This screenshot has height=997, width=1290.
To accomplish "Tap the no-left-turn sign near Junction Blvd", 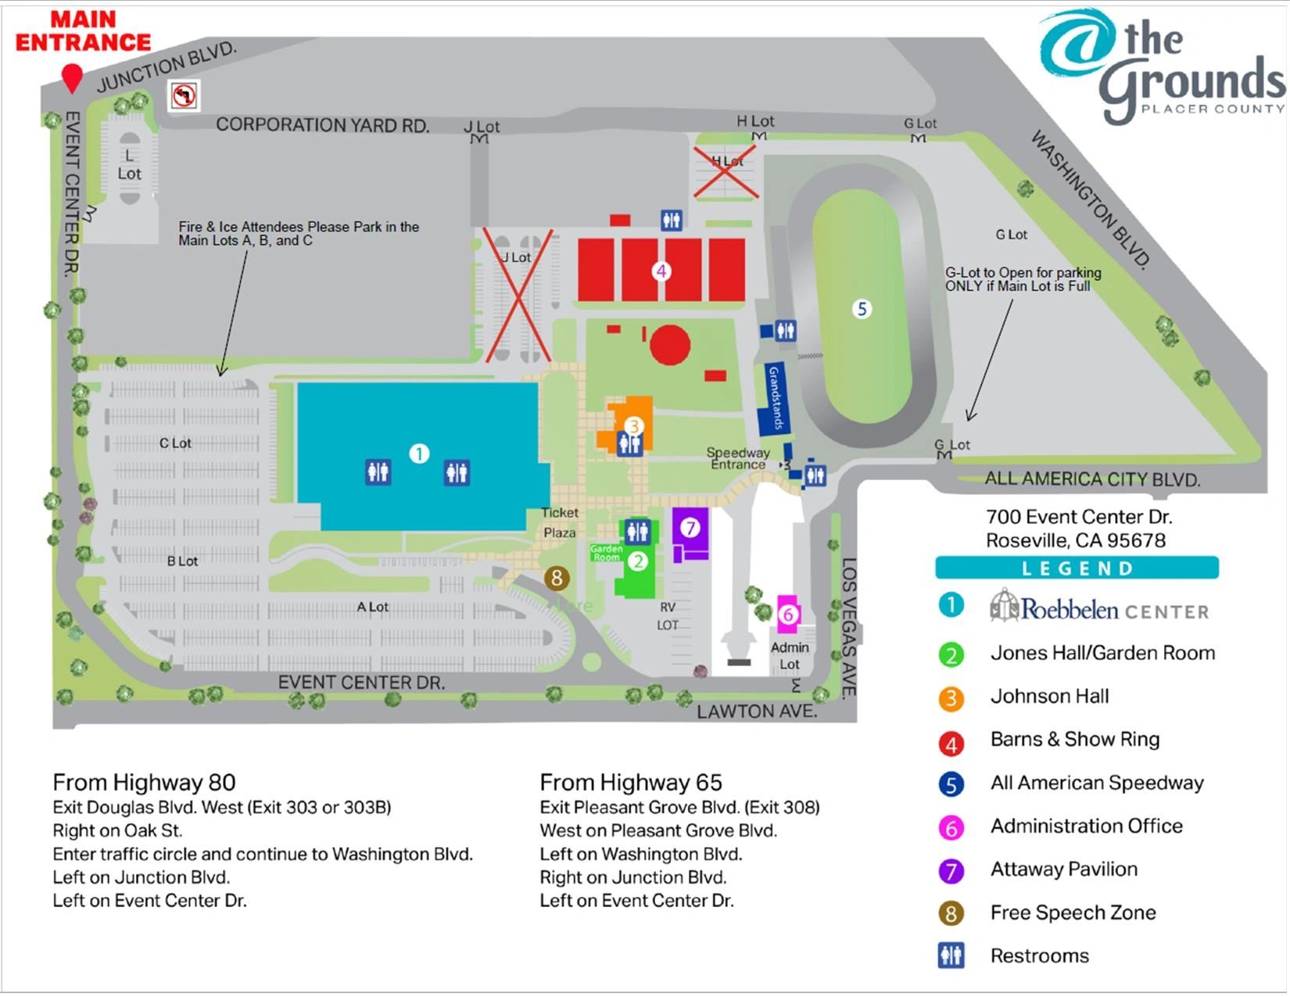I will (x=184, y=95).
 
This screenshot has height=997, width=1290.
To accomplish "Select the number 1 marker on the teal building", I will (x=419, y=454).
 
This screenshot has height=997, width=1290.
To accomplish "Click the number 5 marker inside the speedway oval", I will (x=862, y=309).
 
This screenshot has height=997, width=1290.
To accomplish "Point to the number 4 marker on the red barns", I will (x=661, y=271).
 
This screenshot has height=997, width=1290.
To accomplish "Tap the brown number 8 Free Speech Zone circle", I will (x=557, y=578).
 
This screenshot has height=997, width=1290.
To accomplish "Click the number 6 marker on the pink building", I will (x=788, y=615).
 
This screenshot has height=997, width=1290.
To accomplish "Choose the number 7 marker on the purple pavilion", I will (x=690, y=528).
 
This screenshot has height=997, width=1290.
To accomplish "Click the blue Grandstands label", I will (x=775, y=398).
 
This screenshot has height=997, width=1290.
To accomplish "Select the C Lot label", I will (x=175, y=443).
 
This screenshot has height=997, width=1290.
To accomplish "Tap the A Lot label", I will (x=372, y=607).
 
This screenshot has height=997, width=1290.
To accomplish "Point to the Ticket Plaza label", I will (x=560, y=522).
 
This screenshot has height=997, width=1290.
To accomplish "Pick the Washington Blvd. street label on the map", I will (x=1091, y=199).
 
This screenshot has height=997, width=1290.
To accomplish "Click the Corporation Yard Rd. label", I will (x=322, y=125).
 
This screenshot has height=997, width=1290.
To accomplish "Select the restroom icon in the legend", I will (x=951, y=956).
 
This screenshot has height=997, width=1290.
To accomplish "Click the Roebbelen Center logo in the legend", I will (x=1098, y=608).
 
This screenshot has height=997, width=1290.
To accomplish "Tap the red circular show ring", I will (x=670, y=345).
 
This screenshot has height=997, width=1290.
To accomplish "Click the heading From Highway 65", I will (x=631, y=782).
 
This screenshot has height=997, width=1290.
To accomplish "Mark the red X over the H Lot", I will (x=726, y=170).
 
